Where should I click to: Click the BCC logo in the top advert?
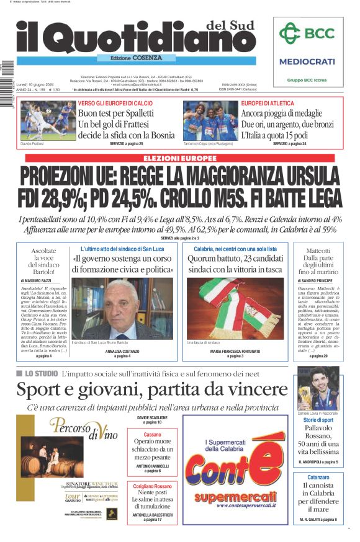pos(307,33)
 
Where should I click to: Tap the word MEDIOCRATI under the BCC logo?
pos(307,61)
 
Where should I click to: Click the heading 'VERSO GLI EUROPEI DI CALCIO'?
pos(115,103)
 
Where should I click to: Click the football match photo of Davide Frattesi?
pos(48,120)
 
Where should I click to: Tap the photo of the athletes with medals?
pos(209,120)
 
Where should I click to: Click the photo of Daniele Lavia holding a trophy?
pos(317,388)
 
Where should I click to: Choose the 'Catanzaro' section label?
pos(318,478)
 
